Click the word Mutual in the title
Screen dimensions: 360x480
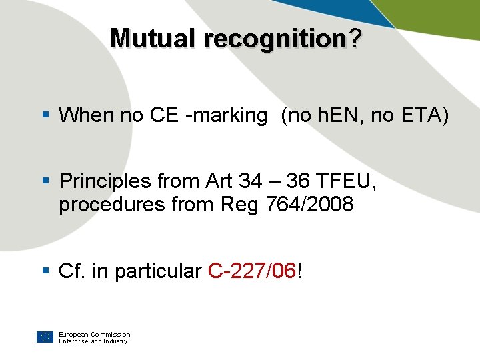155,39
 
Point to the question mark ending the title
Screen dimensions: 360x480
356,39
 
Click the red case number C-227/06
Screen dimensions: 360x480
252,271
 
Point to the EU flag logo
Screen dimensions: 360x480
45,337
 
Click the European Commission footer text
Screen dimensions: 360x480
94,334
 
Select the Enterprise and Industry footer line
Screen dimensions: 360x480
93,341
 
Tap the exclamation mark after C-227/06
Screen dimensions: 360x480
300,271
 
